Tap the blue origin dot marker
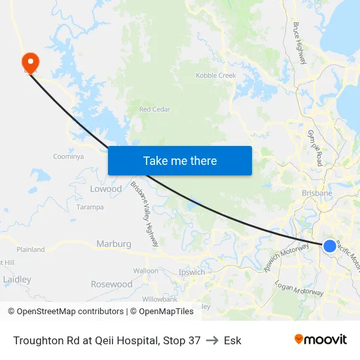point(330,246)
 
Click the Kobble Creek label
point(216,76)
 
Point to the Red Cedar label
point(154,109)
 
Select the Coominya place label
point(69,156)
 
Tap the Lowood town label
point(105,189)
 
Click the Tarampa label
point(90,207)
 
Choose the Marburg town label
point(114,244)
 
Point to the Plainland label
point(31,249)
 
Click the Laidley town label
point(17,279)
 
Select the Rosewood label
point(111,285)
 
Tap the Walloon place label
point(145,270)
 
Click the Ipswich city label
point(192,272)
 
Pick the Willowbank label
point(160,299)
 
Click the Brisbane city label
point(317,193)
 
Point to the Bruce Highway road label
point(300,43)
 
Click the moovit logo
point(320,340)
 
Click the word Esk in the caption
point(232,340)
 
